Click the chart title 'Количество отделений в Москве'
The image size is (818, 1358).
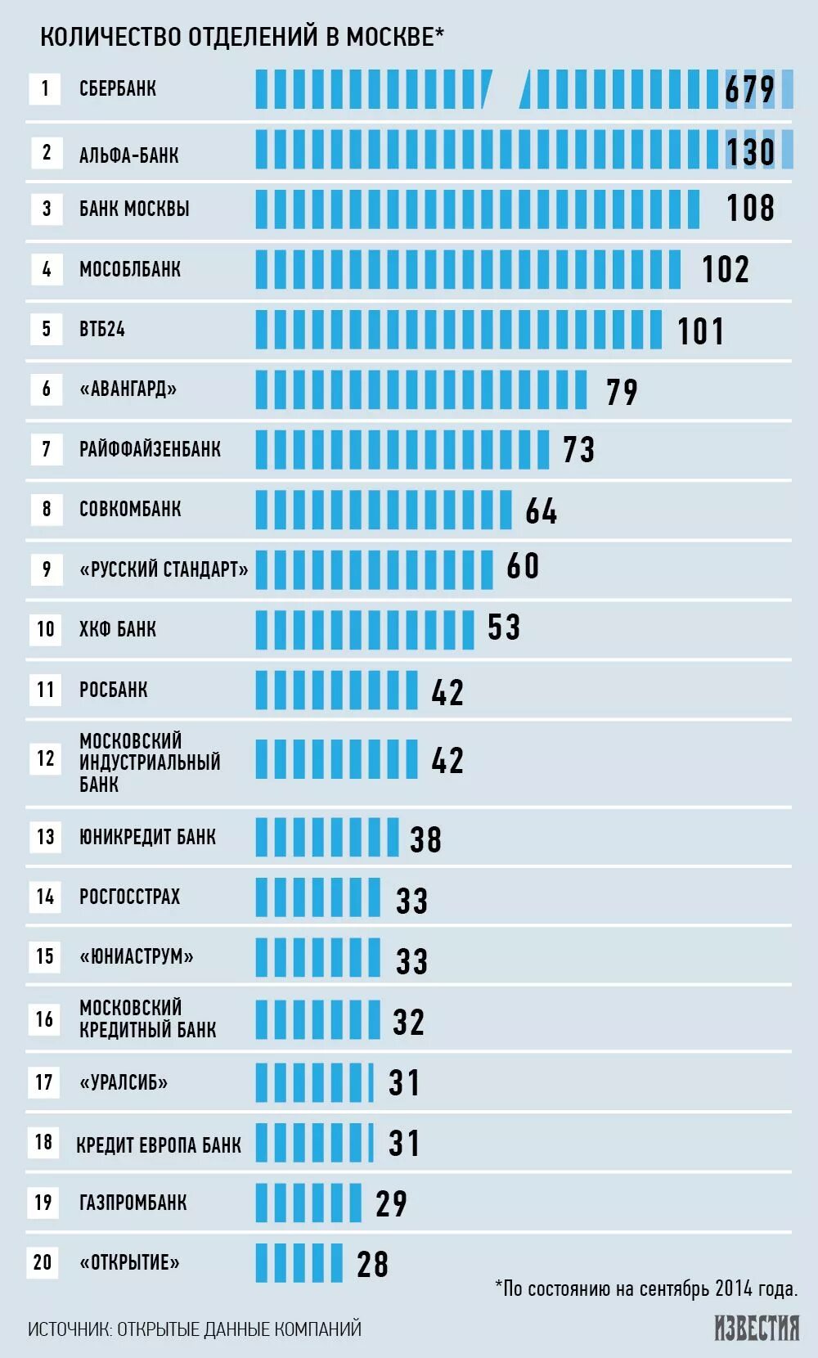[x=241, y=37]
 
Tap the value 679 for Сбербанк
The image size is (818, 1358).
[x=749, y=89]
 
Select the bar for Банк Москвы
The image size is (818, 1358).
[x=477, y=209]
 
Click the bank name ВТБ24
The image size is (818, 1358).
[x=102, y=329]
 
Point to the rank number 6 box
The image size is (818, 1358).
[x=46, y=389]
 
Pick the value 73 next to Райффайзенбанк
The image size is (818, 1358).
[x=578, y=450]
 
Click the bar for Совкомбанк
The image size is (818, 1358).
[x=383, y=510]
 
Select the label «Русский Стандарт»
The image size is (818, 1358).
[x=164, y=569]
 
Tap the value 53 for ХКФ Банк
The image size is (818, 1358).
[x=504, y=628]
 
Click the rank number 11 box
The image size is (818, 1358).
[x=46, y=690]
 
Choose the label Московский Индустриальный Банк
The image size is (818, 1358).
[x=150, y=762]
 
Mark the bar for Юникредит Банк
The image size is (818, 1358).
[x=326, y=837]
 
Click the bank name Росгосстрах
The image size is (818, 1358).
[x=129, y=897]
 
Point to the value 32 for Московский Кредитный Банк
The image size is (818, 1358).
[x=408, y=1022]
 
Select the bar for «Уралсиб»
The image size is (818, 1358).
[x=314, y=1082]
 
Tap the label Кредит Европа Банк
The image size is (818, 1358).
[x=159, y=1144]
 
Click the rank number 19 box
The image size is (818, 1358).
[x=43, y=1203]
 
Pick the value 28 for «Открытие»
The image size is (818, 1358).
[x=372, y=1265]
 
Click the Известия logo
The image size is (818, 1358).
[x=757, y=1328]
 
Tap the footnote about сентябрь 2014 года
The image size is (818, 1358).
[x=646, y=1289]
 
